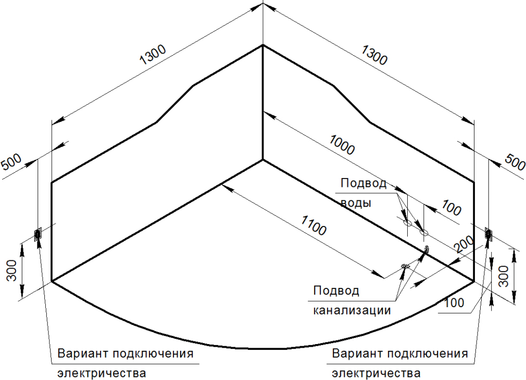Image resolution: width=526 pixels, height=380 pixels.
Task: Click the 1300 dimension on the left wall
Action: pyautogui.click(x=153, y=55)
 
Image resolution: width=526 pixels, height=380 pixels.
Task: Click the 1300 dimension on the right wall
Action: pyautogui.click(x=374, y=55)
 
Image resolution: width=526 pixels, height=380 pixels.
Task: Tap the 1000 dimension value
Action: pyautogui.click(x=342, y=145)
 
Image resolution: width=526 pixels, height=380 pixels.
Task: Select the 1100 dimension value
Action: pyautogui.click(x=314, y=225)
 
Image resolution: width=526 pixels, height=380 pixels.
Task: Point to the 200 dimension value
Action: pyautogui.click(x=464, y=244)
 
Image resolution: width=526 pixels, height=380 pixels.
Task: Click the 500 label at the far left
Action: pyautogui.click(x=12, y=162)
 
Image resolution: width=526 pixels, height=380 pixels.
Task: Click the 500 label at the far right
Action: pyautogui.click(x=515, y=162)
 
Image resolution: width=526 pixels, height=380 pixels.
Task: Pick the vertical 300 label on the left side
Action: pyautogui.click(x=12, y=270)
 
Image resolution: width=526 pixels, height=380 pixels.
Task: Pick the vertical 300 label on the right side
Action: pyautogui.click(x=503, y=276)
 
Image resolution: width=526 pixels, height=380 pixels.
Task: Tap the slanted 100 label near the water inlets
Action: pyautogui.click(x=452, y=208)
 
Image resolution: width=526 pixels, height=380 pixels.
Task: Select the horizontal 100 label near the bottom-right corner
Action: pyautogui.click(x=454, y=303)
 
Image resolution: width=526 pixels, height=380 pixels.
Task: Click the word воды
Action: pyautogui.click(x=356, y=203)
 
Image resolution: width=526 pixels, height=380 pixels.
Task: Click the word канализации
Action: pyautogui.click(x=352, y=310)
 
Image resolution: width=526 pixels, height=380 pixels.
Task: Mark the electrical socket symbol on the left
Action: pyautogui.click(x=37, y=234)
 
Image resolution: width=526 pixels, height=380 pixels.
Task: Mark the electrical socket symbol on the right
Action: pyautogui.click(x=489, y=234)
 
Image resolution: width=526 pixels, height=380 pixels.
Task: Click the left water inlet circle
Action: pyautogui.click(x=407, y=222)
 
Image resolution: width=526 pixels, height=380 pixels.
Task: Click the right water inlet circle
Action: pyautogui.click(x=424, y=232)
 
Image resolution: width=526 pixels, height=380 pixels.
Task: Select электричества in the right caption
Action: pyautogui.click(x=376, y=373)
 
